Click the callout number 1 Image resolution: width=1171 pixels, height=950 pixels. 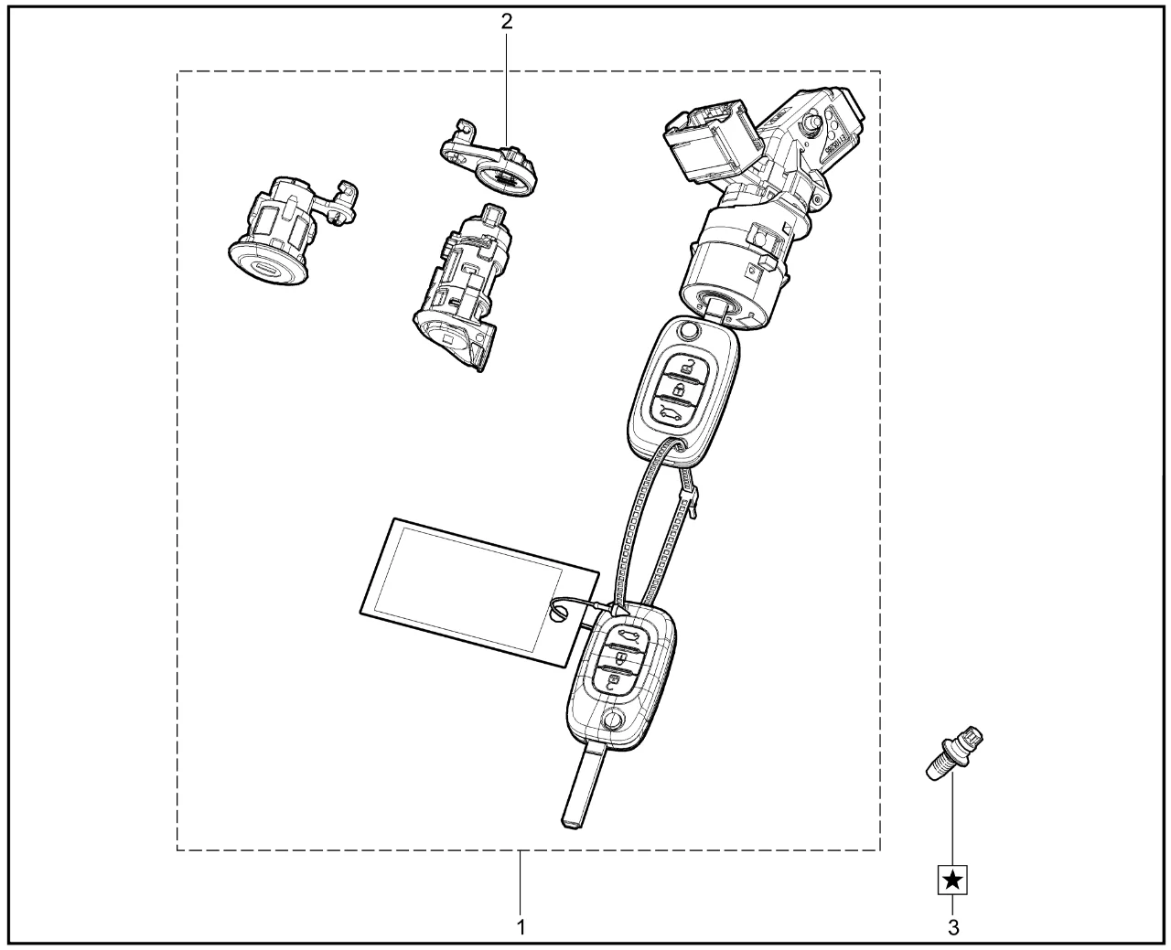tap(521, 927)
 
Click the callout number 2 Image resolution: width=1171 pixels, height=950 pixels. tap(506, 21)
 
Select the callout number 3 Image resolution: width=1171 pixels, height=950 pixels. tap(953, 927)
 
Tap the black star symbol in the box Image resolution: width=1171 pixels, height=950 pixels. tap(952, 881)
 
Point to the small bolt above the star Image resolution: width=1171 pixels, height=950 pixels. tap(954, 753)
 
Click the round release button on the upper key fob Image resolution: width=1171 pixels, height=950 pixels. tap(688, 331)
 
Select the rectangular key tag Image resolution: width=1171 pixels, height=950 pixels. tap(479, 592)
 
